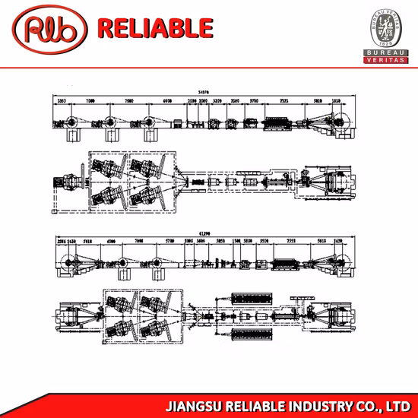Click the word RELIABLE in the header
(156, 28)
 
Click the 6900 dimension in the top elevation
(167, 100)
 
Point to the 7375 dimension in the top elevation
(283, 100)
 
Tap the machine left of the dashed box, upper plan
(67, 182)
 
